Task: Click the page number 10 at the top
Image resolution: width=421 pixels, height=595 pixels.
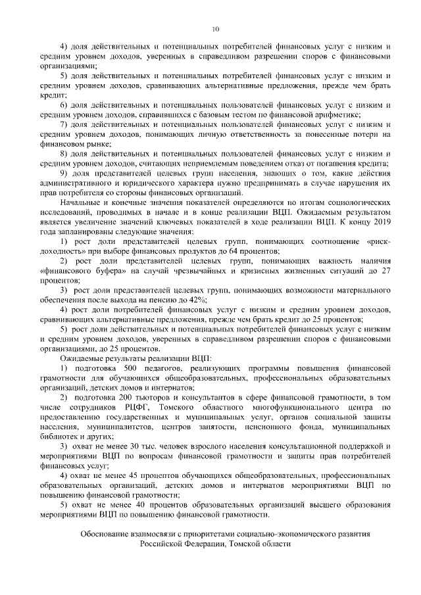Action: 214,29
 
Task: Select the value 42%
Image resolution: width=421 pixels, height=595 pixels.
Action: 196,299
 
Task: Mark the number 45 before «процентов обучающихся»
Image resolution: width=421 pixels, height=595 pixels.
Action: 140,475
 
